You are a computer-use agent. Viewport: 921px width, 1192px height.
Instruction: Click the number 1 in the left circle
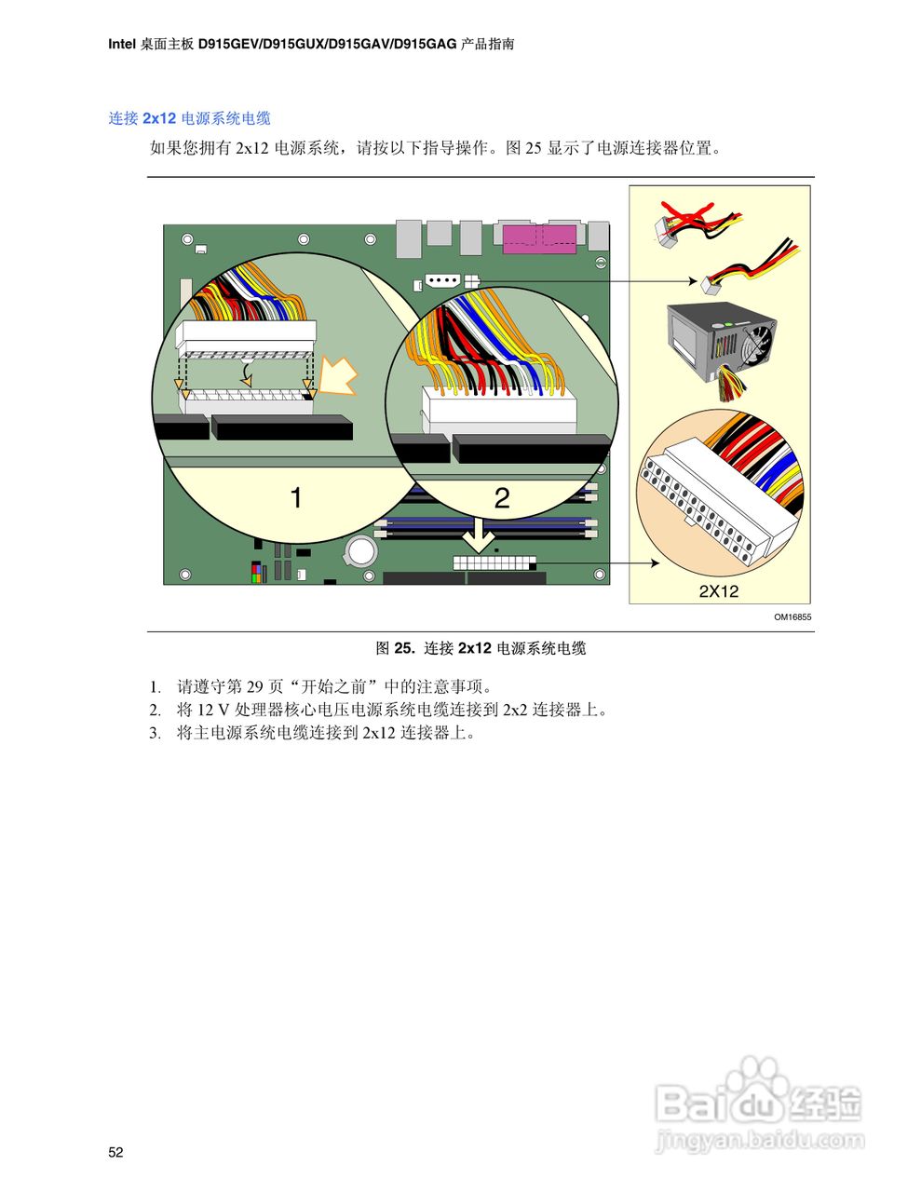click(x=296, y=498)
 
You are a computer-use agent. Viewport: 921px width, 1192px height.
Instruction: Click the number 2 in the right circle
click(x=501, y=498)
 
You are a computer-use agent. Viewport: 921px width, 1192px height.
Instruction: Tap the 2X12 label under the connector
click(x=718, y=591)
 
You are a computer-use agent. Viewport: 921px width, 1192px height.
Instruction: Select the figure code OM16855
click(x=792, y=616)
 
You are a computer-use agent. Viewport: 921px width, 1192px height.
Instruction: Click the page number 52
click(x=115, y=1152)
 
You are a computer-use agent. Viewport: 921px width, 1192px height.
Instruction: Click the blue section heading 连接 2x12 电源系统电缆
click(x=189, y=118)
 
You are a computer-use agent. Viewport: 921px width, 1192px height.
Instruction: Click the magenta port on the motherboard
click(x=539, y=238)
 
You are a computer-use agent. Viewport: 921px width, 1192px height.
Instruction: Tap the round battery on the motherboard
click(x=360, y=551)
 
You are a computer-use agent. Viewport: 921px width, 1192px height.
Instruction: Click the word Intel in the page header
click(x=122, y=44)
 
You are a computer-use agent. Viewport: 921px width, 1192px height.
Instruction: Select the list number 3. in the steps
click(x=156, y=733)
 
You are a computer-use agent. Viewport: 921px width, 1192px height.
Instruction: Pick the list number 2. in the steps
click(x=156, y=710)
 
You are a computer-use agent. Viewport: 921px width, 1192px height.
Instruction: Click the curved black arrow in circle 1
click(x=246, y=374)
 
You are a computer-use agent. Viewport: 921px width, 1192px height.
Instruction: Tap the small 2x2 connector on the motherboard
click(x=472, y=279)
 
